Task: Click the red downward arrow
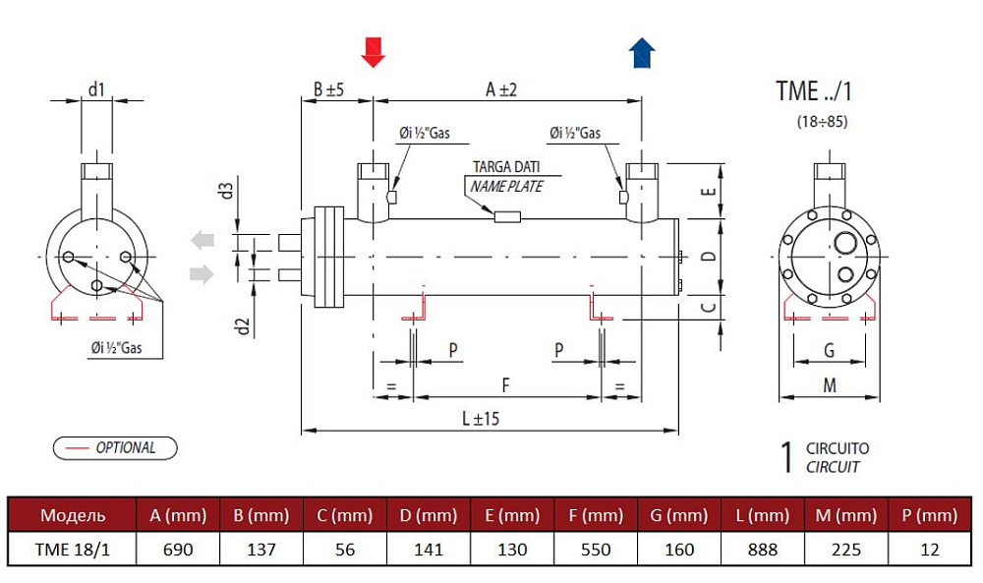[373, 52]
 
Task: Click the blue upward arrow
[642, 53]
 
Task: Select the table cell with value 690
[178, 550]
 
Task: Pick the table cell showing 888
[763, 550]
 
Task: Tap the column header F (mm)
[596, 515]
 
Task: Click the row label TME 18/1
[72, 550]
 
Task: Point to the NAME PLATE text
[506, 186]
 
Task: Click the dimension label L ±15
[481, 418]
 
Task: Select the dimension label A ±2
[501, 89]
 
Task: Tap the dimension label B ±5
[329, 89]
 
